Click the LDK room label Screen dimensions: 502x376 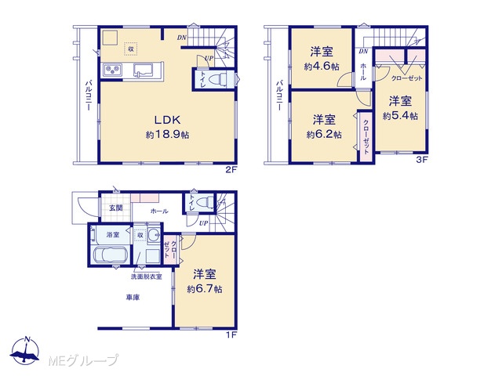(168, 120)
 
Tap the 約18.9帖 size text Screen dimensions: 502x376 (167, 135)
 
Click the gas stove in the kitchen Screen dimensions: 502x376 (112, 70)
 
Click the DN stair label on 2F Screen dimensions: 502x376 (182, 38)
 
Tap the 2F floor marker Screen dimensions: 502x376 (231, 170)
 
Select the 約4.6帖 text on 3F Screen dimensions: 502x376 (322, 67)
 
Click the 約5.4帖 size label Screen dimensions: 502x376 (400, 116)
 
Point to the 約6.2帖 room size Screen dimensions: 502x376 (324, 134)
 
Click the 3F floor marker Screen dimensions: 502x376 (422, 160)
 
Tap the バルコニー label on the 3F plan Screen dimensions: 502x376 (279, 96)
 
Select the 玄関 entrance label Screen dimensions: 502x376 (115, 208)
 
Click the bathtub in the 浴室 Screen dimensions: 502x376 (110, 255)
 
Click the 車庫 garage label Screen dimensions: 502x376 (133, 298)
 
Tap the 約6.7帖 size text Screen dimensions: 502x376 (205, 289)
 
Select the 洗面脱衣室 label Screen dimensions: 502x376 (147, 277)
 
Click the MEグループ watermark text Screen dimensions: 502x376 (83, 360)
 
